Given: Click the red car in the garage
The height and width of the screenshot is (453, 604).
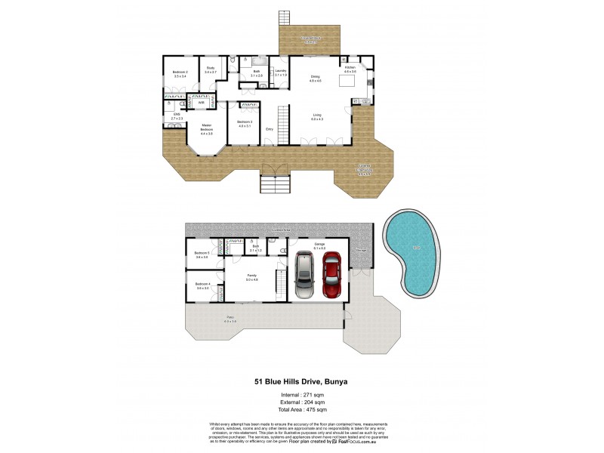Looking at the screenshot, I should [x=333, y=276].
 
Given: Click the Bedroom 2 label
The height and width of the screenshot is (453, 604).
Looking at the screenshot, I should [x=180, y=74].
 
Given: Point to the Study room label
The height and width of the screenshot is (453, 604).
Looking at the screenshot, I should [x=211, y=70].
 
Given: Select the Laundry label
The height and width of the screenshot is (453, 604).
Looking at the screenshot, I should [x=280, y=72].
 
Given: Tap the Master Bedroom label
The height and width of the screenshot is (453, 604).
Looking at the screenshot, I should [x=206, y=129].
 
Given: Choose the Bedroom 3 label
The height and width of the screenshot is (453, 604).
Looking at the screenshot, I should [x=245, y=124].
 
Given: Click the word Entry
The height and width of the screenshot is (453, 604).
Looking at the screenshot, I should [x=269, y=129].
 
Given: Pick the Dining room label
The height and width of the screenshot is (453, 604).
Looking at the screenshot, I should [x=315, y=77].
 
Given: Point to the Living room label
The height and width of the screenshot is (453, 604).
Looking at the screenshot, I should [x=318, y=117].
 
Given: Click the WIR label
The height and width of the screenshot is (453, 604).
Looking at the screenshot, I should [x=202, y=102].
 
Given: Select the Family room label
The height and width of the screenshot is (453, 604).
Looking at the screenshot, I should [x=251, y=278].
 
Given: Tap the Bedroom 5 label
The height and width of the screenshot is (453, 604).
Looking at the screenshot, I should [x=202, y=254].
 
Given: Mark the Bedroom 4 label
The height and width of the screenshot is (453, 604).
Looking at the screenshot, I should [x=202, y=286].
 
